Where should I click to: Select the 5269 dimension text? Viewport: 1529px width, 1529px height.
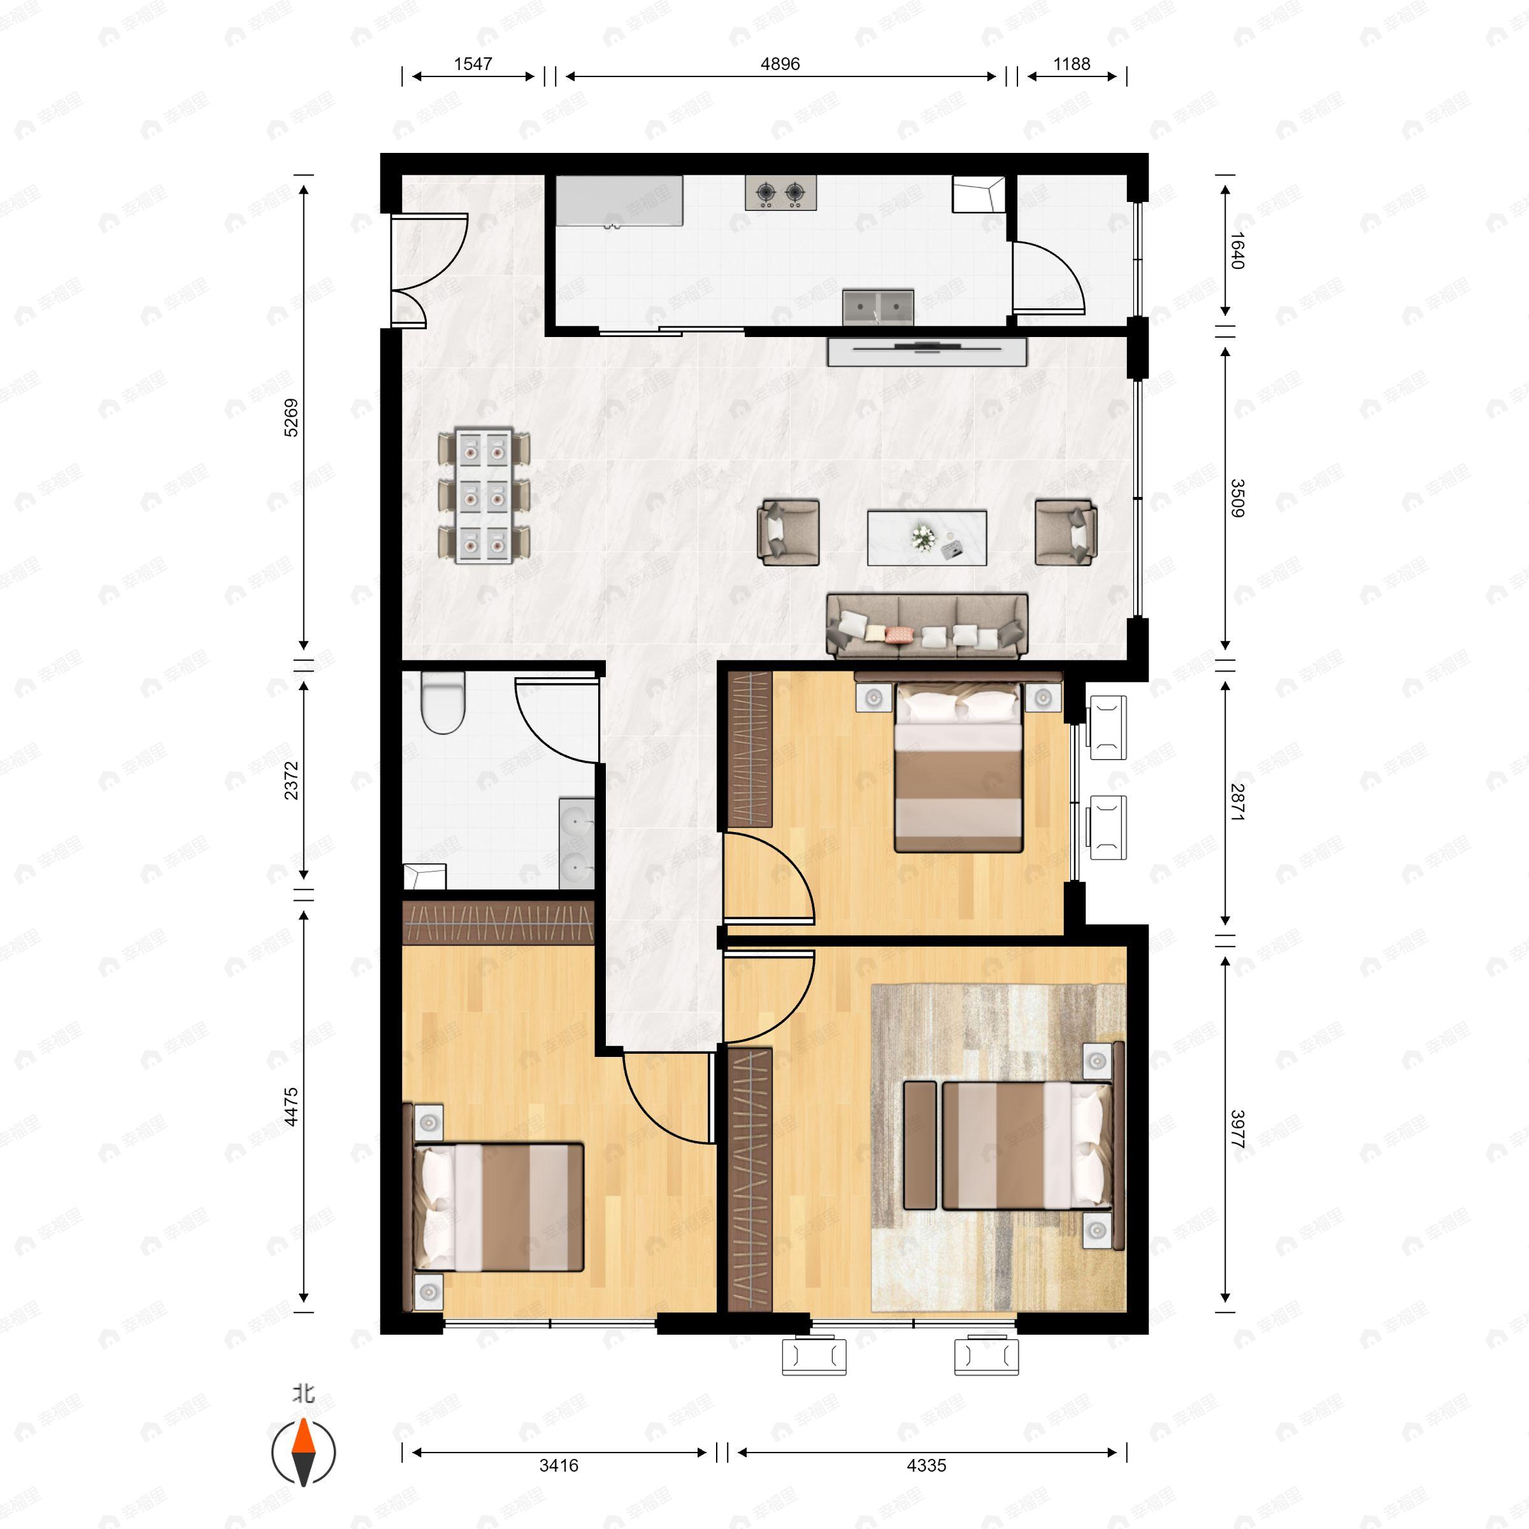tap(291, 417)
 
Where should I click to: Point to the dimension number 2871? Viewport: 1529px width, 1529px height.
tap(1237, 801)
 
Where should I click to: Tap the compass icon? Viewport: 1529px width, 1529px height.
tap(304, 1453)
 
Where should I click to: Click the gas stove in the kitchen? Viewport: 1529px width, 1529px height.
tap(780, 193)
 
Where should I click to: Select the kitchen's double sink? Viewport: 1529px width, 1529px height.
tap(878, 307)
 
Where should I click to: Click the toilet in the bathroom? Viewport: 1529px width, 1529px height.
tap(442, 702)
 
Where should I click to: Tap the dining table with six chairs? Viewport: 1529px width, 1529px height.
tap(484, 496)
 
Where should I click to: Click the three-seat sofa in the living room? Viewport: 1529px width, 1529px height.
tap(927, 627)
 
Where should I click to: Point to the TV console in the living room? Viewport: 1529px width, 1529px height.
tap(927, 352)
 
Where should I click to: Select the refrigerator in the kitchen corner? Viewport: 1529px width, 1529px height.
tap(978, 194)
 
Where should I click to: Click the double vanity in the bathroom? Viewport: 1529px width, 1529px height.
tap(577, 843)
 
